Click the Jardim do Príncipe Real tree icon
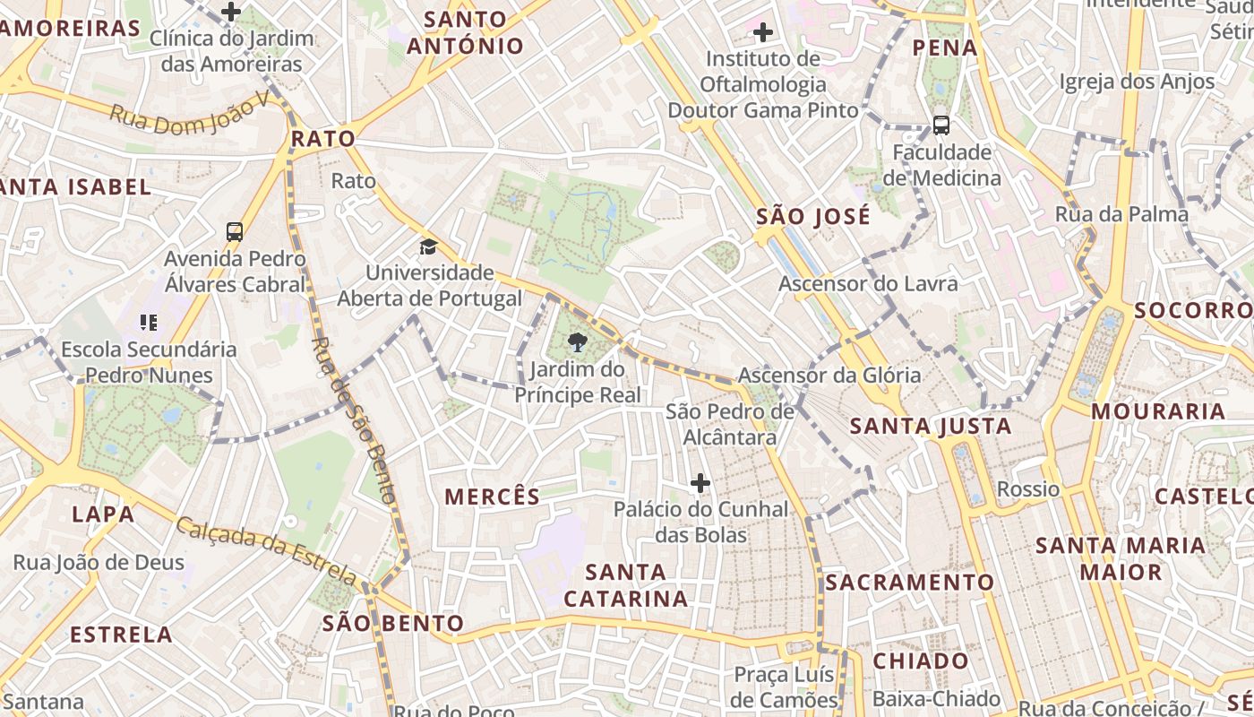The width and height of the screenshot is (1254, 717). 578,341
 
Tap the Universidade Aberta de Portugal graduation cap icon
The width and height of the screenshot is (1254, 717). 429,246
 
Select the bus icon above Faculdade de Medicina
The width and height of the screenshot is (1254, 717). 940,125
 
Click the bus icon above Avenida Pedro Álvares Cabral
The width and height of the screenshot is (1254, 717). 235,232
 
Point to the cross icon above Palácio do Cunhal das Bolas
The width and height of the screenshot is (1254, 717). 700,484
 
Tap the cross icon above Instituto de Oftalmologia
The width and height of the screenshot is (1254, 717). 762,33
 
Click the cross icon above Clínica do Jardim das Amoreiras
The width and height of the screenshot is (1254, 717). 231,12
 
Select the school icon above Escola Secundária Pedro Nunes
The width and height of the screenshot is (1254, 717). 149,323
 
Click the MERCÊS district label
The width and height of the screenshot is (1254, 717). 493,497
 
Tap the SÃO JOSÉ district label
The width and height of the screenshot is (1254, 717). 812,217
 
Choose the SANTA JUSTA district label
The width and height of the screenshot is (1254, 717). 931,426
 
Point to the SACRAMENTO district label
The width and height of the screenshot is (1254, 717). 909,583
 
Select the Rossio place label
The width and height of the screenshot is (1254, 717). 1028,489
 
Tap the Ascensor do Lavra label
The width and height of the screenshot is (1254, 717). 868,284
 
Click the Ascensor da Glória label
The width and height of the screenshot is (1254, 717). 829,375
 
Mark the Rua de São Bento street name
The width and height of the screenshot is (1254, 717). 353,419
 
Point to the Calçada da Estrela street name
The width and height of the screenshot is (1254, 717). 266,547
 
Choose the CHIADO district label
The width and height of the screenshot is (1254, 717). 921,661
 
